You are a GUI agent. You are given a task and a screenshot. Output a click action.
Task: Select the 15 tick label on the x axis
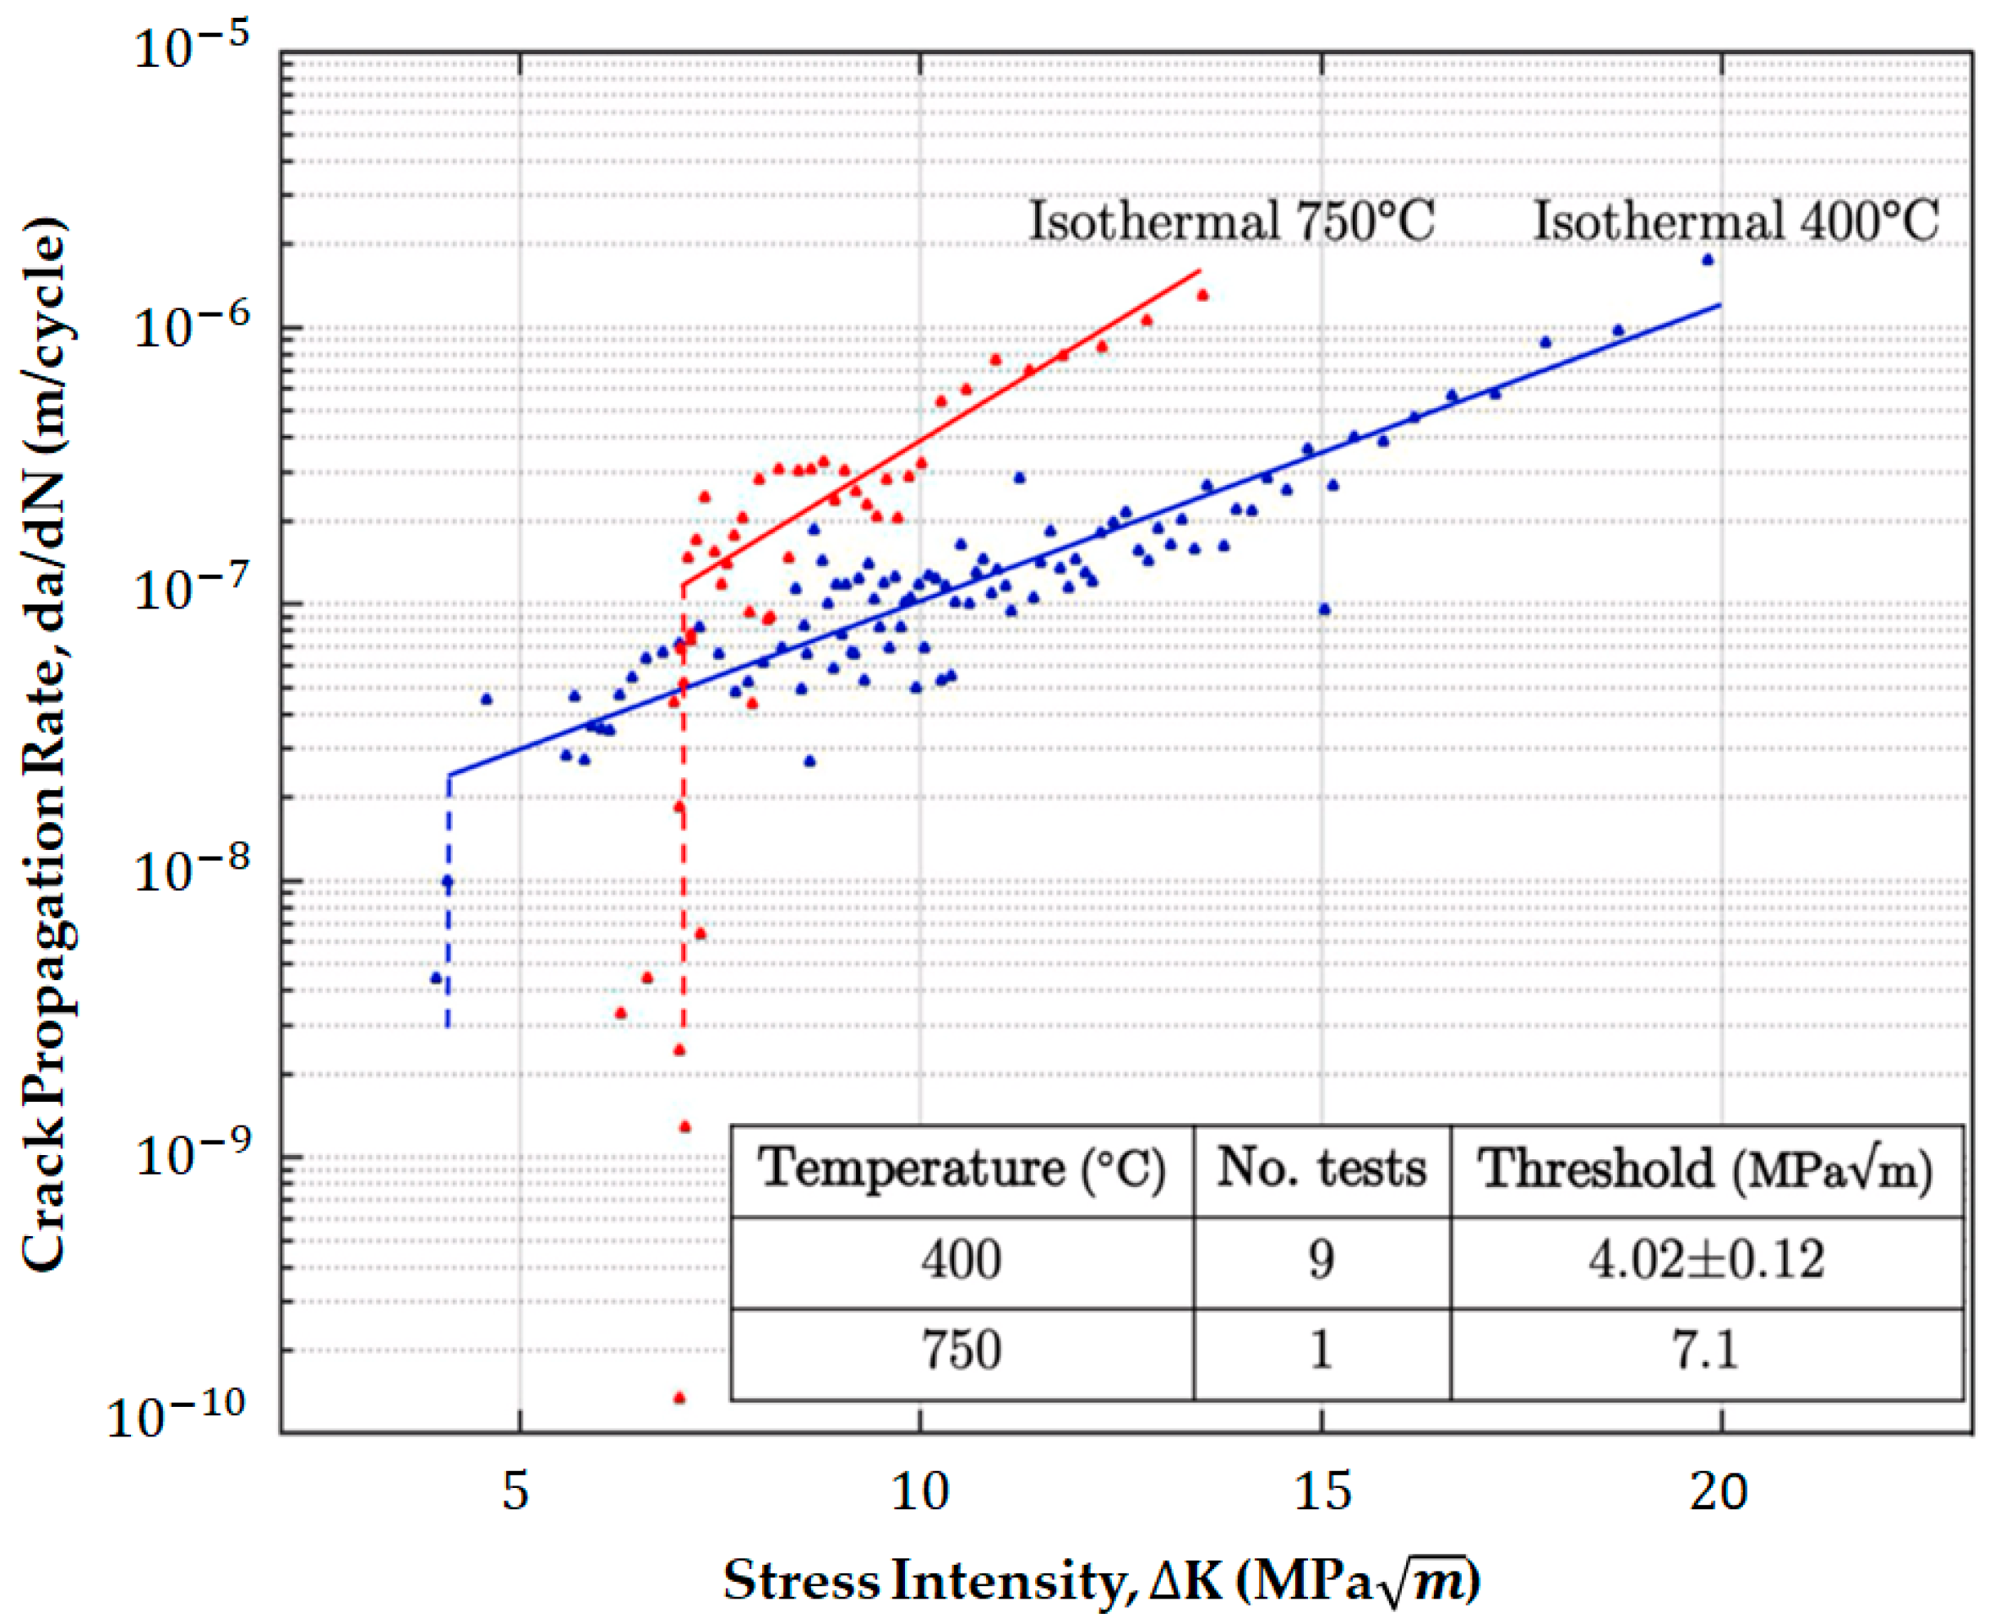pyautogui.click(x=1322, y=1491)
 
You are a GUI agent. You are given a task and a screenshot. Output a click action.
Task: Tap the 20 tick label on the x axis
pyautogui.click(x=1719, y=1491)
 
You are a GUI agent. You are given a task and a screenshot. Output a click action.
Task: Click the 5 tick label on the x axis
pyautogui.click(x=516, y=1491)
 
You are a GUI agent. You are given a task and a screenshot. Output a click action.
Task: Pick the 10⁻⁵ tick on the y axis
pyautogui.click(x=193, y=49)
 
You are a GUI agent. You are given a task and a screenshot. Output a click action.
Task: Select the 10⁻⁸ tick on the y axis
pyautogui.click(x=193, y=875)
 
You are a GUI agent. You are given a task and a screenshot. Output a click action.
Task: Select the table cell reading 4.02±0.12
pyautogui.click(x=1706, y=1259)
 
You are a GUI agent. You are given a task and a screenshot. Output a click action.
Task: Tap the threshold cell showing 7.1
pyautogui.click(x=1706, y=1350)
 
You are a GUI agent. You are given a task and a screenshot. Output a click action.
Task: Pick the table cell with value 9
pyautogui.click(x=1321, y=1259)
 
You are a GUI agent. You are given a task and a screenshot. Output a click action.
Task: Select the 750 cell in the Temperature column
pyautogui.click(x=962, y=1350)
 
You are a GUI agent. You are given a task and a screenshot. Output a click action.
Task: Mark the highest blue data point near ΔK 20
pyautogui.click(x=1708, y=260)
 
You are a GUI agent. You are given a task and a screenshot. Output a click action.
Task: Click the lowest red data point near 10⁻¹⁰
pyautogui.click(x=680, y=1398)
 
